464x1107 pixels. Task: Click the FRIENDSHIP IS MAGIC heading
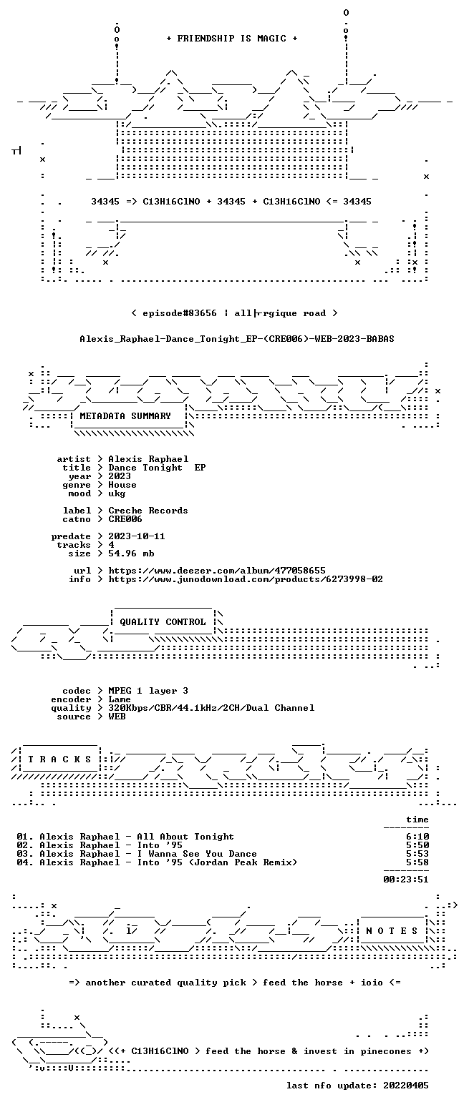pyautogui.click(x=232, y=39)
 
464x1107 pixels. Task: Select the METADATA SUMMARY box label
pyautogui.click(x=125, y=416)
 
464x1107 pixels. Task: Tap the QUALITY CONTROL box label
pyautogui.click(x=163, y=622)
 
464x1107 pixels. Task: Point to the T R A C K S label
pyautogui.click(x=60, y=759)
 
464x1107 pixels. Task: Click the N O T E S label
pyautogui.click(x=392, y=931)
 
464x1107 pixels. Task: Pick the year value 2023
pyautogui.click(x=120, y=476)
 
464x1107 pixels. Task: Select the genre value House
pyautogui.click(x=122, y=485)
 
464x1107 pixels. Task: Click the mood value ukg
pyautogui.click(x=117, y=493)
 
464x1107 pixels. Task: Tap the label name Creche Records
pyautogui.click(x=148, y=511)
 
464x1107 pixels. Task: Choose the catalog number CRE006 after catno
pyautogui.click(x=125, y=519)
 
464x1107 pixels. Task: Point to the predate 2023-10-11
pyautogui.click(x=137, y=536)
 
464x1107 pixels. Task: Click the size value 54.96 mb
pyautogui.click(x=131, y=553)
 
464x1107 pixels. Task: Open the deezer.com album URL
pyautogui.click(x=217, y=571)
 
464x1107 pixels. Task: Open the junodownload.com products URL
pyautogui.click(x=246, y=579)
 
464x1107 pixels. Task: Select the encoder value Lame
pyautogui.click(x=120, y=700)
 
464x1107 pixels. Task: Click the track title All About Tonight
pyautogui.click(x=185, y=837)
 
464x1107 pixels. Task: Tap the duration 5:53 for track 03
pyautogui.click(x=417, y=854)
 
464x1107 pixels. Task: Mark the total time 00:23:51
pyautogui.click(x=406, y=880)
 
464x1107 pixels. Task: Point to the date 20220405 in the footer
pyautogui.click(x=406, y=1086)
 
